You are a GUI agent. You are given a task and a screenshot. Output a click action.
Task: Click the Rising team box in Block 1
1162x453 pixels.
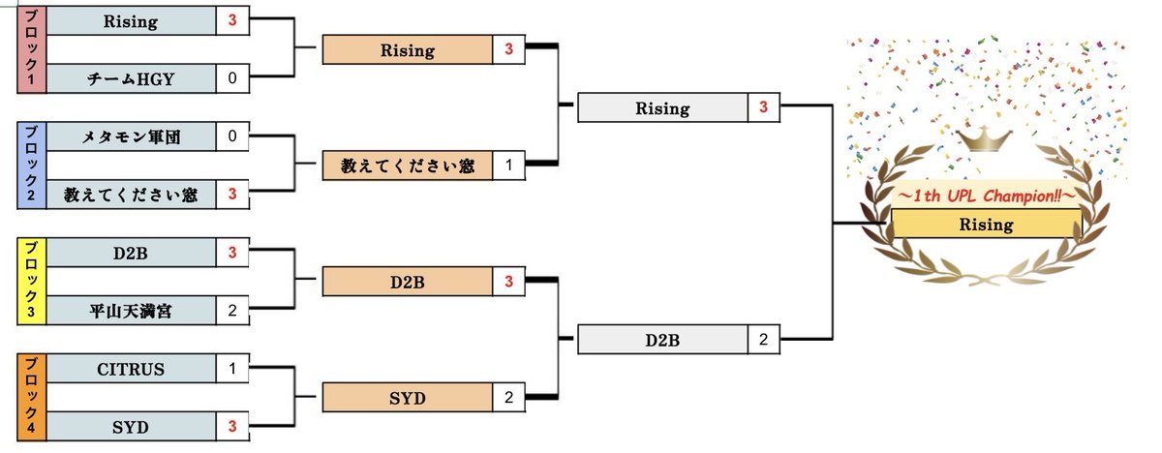tap(131, 21)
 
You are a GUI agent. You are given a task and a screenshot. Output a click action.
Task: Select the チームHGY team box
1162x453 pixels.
tap(131, 78)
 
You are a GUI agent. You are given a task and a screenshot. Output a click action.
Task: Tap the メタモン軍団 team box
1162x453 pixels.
tap(131, 136)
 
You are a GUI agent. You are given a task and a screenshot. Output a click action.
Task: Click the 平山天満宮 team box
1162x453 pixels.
tap(131, 311)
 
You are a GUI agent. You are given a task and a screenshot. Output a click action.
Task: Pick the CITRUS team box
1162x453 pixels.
tap(131, 369)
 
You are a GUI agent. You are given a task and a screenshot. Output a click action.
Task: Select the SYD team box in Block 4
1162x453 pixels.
tap(131, 427)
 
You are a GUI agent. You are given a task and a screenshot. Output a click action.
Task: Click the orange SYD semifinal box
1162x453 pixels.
tap(407, 398)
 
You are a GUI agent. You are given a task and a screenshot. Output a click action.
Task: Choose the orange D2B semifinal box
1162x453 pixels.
tap(407, 282)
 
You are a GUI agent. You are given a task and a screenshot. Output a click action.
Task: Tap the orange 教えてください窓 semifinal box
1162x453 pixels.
tap(407, 166)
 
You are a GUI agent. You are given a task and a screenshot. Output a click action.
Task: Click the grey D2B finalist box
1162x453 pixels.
tap(662, 340)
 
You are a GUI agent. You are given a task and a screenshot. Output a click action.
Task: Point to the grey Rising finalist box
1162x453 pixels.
tap(662, 107)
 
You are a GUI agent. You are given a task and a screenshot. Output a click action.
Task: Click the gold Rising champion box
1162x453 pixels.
tap(985, 225)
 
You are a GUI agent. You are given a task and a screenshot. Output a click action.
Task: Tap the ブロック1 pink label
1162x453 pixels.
tap(31, 48)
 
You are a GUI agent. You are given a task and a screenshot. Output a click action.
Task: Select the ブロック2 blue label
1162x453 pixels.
tap(31, 165)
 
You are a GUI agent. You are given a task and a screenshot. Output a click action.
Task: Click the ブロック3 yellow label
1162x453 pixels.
tap(31, 281)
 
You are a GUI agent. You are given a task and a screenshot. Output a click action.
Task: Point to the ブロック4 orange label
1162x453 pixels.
tap(31, 398)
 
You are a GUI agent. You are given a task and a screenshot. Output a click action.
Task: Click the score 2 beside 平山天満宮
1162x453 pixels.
tap(232, 311)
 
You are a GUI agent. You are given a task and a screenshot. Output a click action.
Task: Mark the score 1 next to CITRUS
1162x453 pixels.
tap(232, 369)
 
